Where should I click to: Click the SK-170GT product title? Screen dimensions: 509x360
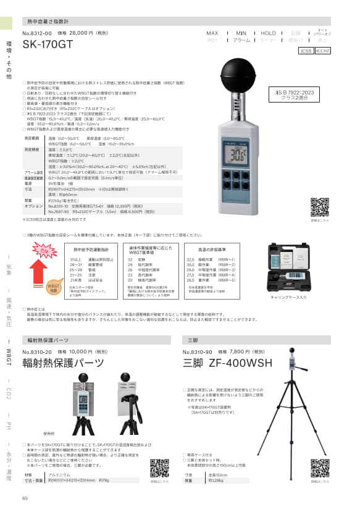point(48,44)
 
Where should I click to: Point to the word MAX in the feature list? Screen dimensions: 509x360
point(212,32)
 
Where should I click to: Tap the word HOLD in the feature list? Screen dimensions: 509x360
point(269,32)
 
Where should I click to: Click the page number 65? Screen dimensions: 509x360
point(25,498)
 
